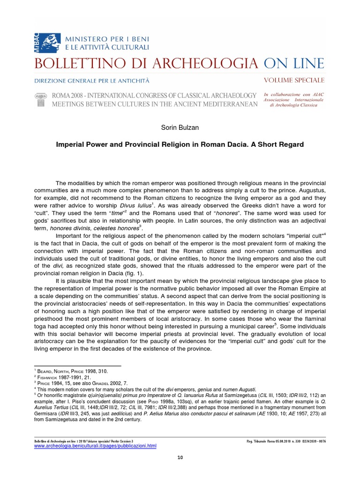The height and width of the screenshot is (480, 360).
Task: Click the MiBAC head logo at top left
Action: tap(44, 41)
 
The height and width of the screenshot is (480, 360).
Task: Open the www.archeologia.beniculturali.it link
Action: tap(95, 446)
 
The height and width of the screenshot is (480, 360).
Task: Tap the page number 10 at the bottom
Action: tap(180, 458)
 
